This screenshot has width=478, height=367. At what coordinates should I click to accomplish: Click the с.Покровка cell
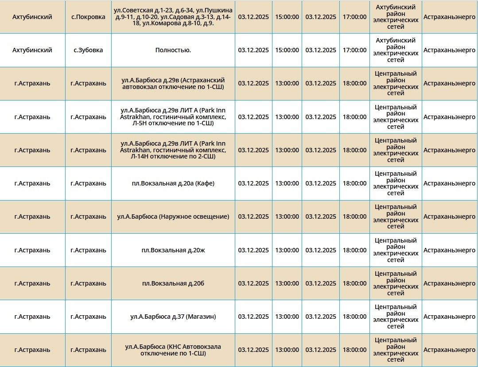88,17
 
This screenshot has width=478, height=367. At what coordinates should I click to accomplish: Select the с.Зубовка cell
88,50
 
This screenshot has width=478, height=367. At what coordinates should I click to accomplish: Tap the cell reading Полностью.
173,50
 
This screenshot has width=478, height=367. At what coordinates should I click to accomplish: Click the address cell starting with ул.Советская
173,17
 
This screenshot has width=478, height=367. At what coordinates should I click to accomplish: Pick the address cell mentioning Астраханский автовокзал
173,83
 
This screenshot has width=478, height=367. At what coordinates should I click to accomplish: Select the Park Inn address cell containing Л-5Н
173,117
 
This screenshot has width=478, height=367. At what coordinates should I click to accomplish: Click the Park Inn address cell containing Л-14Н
173,150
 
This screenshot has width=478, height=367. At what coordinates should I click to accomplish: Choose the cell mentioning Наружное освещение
173,216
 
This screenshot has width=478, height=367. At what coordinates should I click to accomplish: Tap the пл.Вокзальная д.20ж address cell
173,250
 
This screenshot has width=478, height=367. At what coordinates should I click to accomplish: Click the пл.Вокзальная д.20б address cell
173,283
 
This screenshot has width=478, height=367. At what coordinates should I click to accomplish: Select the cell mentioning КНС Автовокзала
173,350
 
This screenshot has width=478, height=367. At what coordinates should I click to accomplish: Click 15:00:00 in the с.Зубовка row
287,50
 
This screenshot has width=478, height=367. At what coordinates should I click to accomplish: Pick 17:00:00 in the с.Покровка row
354,17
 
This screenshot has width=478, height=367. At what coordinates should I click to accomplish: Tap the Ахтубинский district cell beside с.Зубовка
32,50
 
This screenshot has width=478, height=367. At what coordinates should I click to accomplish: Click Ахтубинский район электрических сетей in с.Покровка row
396,17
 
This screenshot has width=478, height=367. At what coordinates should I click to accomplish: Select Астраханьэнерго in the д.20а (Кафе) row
449,183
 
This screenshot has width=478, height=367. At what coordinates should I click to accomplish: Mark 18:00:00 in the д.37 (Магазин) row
354,317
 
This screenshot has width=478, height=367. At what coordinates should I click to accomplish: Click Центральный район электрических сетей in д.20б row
396,283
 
